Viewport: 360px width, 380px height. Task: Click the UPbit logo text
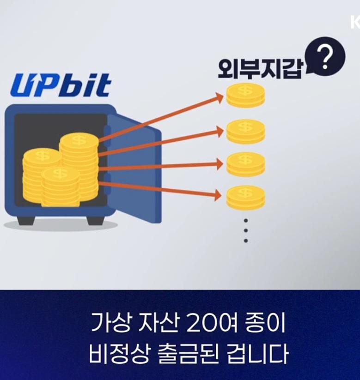61,85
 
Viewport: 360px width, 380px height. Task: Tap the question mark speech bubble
325,58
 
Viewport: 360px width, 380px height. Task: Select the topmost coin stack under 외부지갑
245,96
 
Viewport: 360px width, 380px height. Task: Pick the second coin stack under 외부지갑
245,131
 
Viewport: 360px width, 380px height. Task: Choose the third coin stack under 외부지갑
245,164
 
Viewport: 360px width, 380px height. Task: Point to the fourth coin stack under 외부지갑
245,198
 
